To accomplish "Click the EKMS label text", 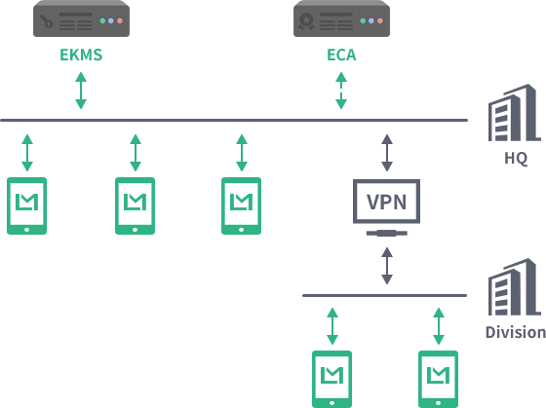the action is pos(81,55).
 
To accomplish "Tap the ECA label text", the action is pos(341,55).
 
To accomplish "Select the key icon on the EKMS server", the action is pos(47,20).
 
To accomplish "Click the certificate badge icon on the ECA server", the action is pos(306,21).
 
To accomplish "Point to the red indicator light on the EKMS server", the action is pos(120,20).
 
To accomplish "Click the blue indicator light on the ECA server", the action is pos(371,20).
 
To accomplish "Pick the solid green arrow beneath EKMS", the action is pos(81,91).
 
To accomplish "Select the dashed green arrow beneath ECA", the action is pos(341,91).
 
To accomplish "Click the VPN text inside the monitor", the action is pos(386,202).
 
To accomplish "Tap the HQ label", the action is pos(516,158).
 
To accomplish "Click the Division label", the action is pos(516,332).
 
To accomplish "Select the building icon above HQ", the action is pos(515,112).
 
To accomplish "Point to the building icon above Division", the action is pos(515,287).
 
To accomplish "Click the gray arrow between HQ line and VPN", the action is pos(387,153).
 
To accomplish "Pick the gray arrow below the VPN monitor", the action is pos(387,266).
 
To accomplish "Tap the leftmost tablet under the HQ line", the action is pos(27,205).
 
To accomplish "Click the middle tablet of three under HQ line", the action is pos(136,205).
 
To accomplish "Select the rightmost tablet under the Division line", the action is pos(438,379).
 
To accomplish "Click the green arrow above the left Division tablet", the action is pos(332,326).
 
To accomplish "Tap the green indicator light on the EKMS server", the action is pos(102,20).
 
